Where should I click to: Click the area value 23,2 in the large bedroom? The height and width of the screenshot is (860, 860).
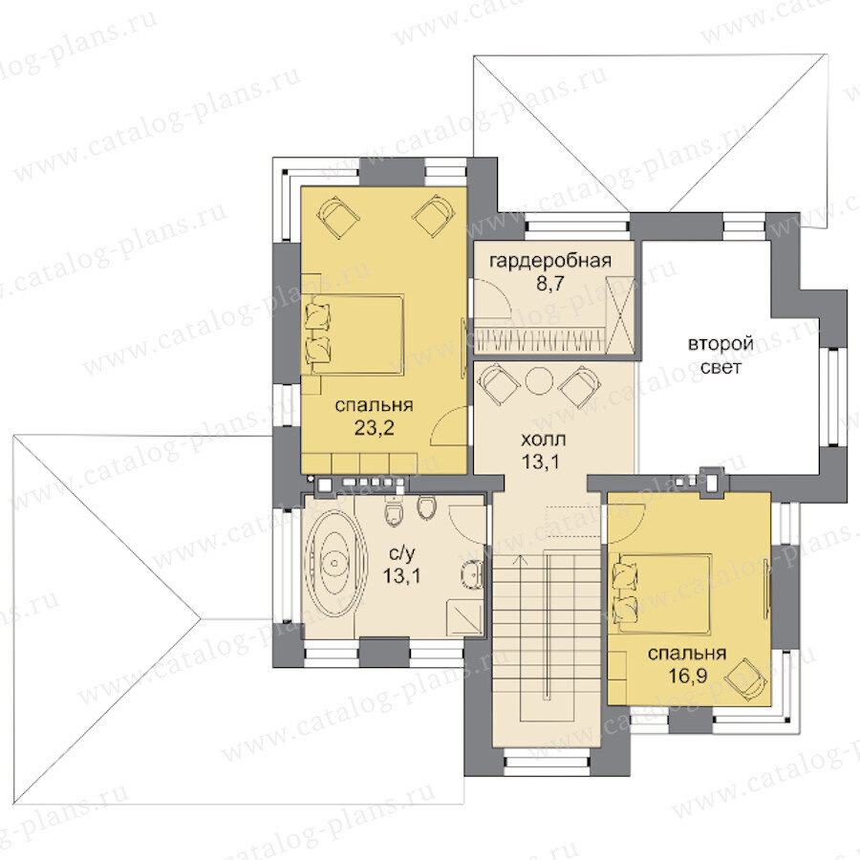(374, 427)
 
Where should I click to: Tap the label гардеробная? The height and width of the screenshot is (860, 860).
(550, 260)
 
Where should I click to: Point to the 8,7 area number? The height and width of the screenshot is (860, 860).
(550, 284)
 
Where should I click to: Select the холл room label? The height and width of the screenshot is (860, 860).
(543, 440)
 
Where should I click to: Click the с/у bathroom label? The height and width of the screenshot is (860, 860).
(401, 554)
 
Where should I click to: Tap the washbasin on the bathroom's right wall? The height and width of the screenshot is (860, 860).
(472, 575)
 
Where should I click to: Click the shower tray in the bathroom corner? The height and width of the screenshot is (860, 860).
(465, 618)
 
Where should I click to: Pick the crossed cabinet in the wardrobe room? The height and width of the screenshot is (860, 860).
(622, 314)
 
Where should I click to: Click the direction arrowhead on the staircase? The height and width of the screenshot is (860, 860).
(519, 560)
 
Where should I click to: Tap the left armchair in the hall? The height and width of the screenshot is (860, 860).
(499, 384)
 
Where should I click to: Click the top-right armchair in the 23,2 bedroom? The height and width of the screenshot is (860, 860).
(434, 217)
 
